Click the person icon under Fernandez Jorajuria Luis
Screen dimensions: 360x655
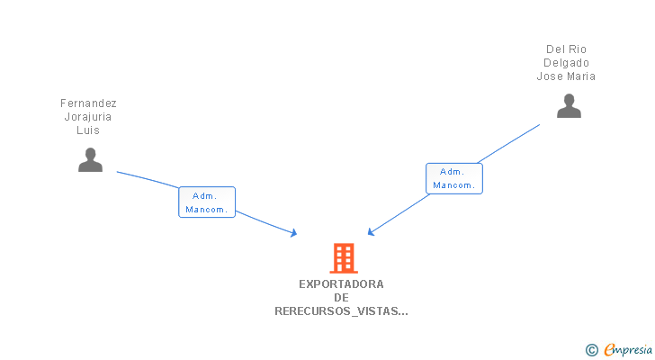tap(90, 160)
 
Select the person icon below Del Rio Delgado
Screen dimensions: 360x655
tap(569, 106)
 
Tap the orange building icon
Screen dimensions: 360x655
tap(343, 258)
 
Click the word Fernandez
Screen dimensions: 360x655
tap(88, 103)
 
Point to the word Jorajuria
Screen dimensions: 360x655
tap(88, 117)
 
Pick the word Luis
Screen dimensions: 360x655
tap(88, 130)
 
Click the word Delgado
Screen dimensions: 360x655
tap(566, 63)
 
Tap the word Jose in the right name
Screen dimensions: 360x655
tap(550, 76)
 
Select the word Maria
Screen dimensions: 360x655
tap(580, 76)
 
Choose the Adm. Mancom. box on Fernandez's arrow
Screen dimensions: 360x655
tap(207, 202)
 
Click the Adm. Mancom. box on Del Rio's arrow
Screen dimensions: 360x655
tap(454, 178)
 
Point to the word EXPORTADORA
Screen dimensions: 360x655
tap(341, 284)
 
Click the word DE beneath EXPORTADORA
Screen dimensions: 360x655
tap(341, 298)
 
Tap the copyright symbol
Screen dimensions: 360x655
tap(592, 350)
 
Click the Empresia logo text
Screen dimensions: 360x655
tap(629, 350)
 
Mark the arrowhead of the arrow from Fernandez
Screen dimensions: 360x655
tap(294, 234)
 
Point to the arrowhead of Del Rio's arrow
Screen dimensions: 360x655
tap(371, 233)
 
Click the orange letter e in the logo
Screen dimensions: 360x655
tap(609, 350)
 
